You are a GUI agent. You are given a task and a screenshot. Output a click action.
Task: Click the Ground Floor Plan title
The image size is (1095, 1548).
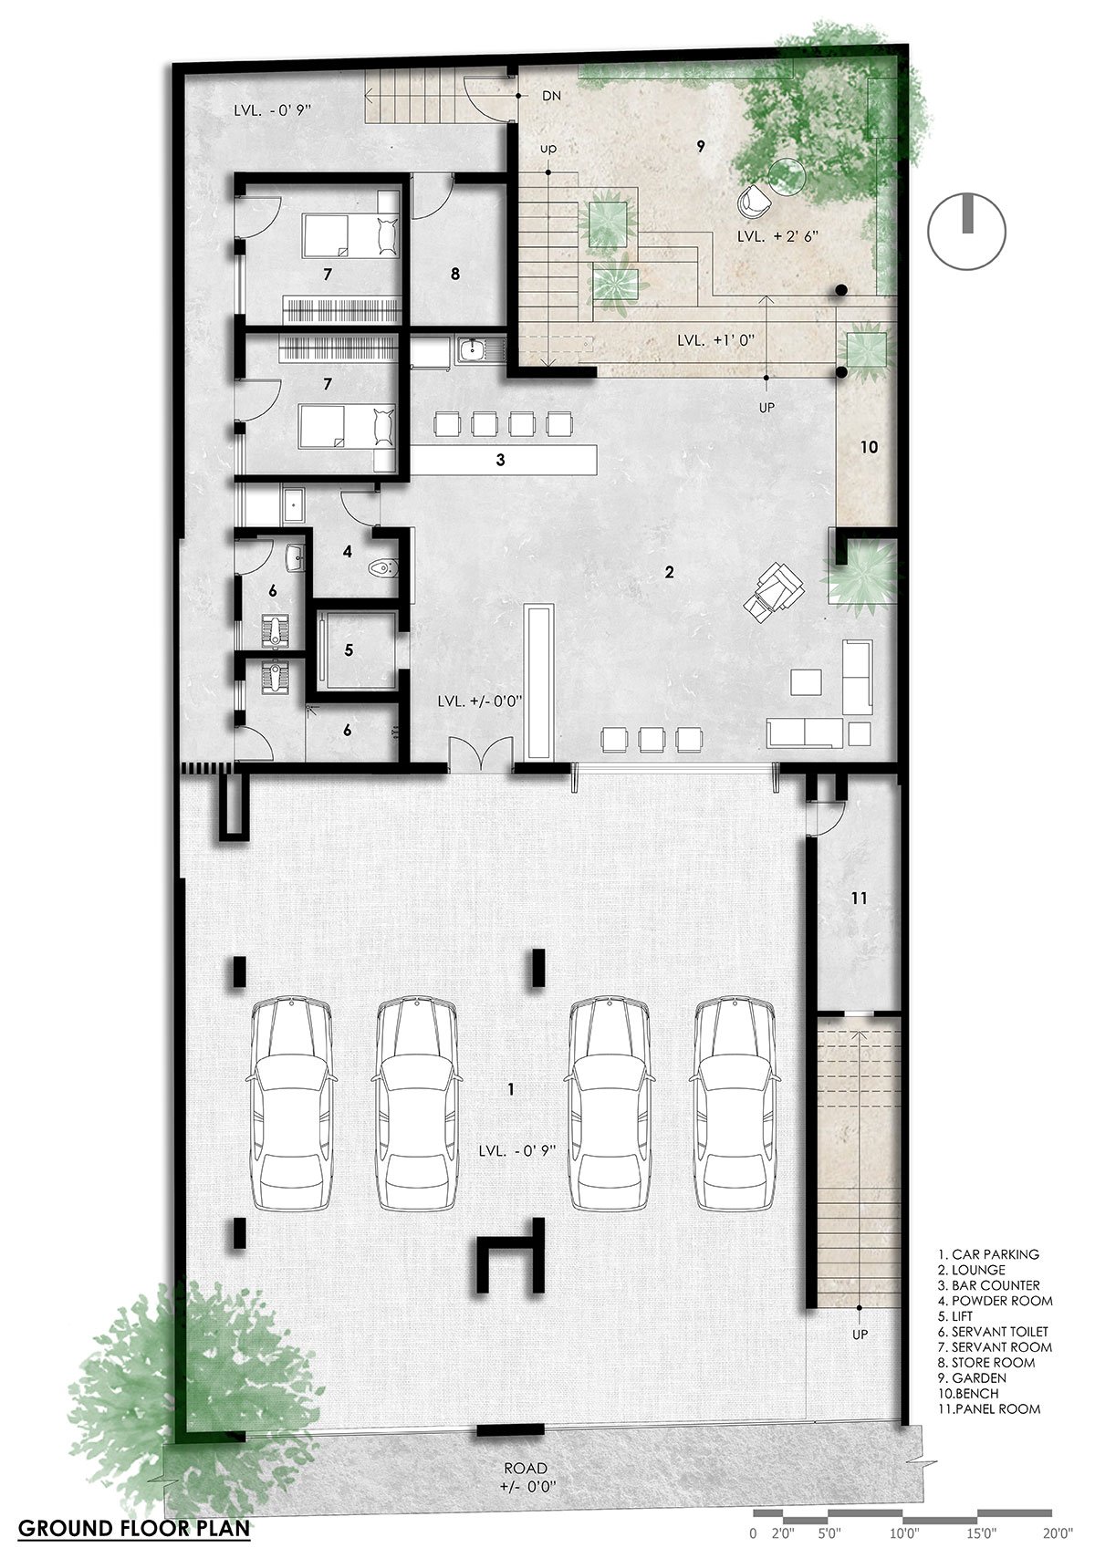tap(134, 1528)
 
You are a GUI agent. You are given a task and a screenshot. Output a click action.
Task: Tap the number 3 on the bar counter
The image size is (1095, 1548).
tap(500, 459)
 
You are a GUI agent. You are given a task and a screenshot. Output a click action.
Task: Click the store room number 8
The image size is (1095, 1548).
tap(454, 275)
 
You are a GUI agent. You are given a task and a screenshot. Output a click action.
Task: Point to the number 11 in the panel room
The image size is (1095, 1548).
tap(859, 899)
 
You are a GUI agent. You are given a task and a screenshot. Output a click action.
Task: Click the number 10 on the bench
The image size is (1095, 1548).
tap(869, 447)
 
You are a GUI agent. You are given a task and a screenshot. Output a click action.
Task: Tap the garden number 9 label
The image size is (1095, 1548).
tap(701, 146)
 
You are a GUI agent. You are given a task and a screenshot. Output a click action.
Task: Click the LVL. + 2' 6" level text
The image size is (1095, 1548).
tap(778, 235)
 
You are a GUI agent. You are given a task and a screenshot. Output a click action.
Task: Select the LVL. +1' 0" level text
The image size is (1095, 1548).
tap(714, 340)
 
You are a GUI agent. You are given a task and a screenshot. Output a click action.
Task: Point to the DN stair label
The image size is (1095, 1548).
tap(552, 96)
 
